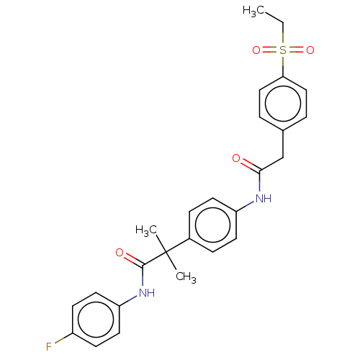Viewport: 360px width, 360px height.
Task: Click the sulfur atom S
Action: point(283,50)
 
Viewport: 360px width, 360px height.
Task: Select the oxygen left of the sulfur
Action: point(256,50)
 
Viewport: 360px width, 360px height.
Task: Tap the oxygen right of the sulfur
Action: point(310,50)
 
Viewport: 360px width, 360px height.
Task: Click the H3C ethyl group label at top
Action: point(253,12)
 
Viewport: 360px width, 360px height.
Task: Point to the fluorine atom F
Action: point(49,347)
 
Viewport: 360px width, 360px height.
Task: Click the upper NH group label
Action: point(264,199)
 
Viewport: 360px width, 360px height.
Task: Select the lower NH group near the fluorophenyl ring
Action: point(147,293)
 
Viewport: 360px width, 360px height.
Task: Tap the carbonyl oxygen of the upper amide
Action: point(236,158)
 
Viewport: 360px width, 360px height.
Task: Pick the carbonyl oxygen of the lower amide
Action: point(120,253)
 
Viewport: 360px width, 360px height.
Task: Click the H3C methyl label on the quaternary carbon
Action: point(146,231)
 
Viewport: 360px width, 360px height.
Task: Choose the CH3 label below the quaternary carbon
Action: point(186,277)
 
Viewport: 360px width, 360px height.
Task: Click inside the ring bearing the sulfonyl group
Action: point(283,104)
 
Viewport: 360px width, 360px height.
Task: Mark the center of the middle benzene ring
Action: point(212,225)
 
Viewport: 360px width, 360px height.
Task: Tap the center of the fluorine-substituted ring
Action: point(96,320)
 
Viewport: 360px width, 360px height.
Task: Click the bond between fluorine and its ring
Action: point(63,338)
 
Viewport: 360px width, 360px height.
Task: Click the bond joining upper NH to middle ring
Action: point(246,207)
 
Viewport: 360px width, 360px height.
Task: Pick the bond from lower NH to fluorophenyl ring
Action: point(128,301)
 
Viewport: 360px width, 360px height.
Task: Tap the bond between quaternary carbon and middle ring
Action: point(178,246)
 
